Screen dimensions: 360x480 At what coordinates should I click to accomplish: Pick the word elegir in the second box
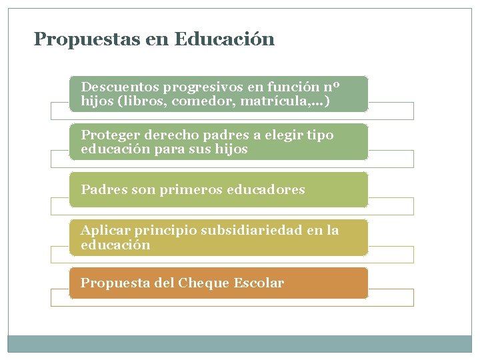pos(273,135)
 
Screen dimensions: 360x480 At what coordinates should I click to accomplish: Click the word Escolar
pos(259,283)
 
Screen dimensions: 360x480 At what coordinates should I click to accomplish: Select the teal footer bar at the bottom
pos(239,343)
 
